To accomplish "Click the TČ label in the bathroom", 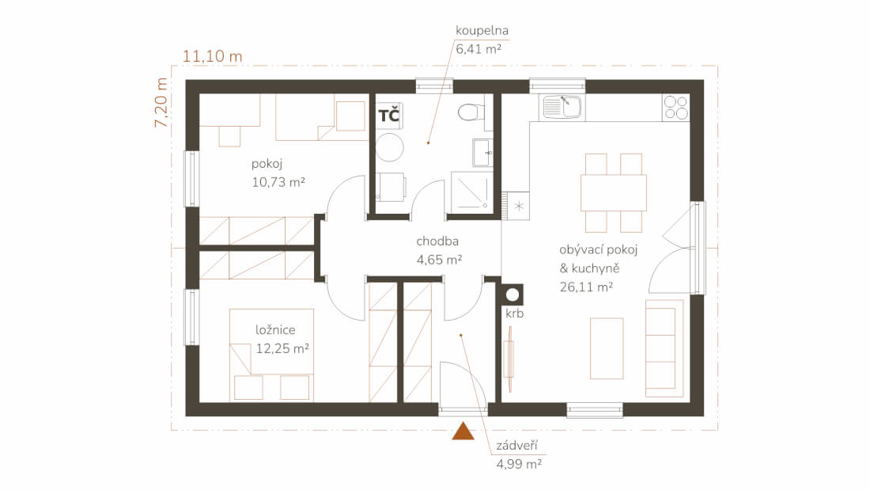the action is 388,116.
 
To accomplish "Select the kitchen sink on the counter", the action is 562,107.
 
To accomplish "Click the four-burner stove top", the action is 675,108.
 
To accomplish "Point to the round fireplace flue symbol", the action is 513,294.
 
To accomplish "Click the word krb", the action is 514,313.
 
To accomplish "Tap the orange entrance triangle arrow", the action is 463,431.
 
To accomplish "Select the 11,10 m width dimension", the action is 213,56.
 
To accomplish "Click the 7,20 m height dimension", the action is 161,102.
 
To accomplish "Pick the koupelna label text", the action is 482,31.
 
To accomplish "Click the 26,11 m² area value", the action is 586,287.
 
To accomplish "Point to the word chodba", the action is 437,241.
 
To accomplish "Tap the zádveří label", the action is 516,446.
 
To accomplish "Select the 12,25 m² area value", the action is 282,348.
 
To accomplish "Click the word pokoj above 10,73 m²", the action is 267,164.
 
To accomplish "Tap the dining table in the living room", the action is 614,193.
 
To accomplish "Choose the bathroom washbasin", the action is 482,152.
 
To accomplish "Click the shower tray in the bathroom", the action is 471,192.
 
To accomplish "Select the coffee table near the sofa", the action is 607,348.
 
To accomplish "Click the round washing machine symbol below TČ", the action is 389,147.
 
